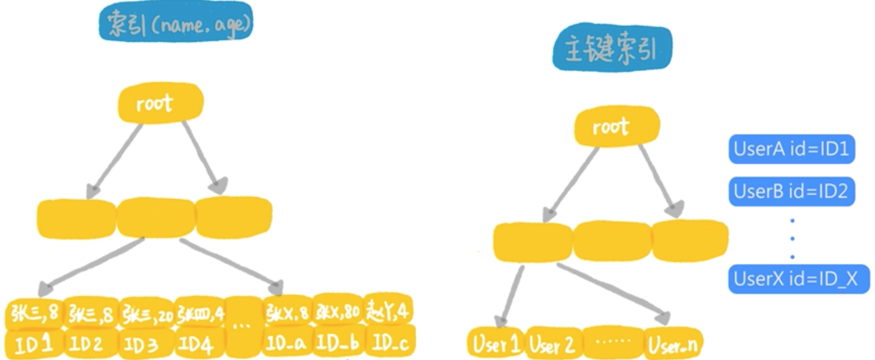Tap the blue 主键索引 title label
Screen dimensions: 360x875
(x=611, y=52)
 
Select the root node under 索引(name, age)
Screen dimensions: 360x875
(x=159, y=103)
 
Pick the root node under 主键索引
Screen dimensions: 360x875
(x=610, y=127)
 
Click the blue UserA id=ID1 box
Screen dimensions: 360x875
(x=791, y=149)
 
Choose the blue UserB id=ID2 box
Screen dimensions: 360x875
(x=791, y=192)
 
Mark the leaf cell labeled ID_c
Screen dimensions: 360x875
(x=390, y=344)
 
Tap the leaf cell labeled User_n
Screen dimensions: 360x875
(x=671, y=345)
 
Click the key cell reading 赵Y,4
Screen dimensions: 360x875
(x=388, y=312)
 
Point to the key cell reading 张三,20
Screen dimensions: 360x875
(x=146, y=313)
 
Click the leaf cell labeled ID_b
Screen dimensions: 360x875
(x=337, y=344)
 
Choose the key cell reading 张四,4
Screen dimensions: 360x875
(x=199, y=313)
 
